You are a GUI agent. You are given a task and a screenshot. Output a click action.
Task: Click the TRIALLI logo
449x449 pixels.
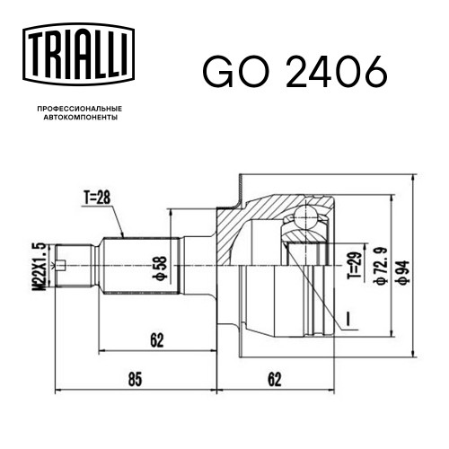[78, 55]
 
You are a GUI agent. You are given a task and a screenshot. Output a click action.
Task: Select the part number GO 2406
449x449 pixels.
[295, 72]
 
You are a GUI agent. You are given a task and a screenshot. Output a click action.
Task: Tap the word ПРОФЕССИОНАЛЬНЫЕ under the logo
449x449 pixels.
[80, 109]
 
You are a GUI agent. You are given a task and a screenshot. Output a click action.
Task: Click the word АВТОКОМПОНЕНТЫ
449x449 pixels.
[81, 118]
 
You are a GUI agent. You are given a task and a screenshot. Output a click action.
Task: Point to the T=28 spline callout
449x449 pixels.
[97, 198]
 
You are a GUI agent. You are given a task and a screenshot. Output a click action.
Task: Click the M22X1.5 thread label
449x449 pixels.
[40, 267]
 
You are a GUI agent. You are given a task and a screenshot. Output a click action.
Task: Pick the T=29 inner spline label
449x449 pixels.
[355, 265]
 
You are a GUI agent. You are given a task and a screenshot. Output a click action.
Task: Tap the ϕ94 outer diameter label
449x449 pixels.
[401, 272]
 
